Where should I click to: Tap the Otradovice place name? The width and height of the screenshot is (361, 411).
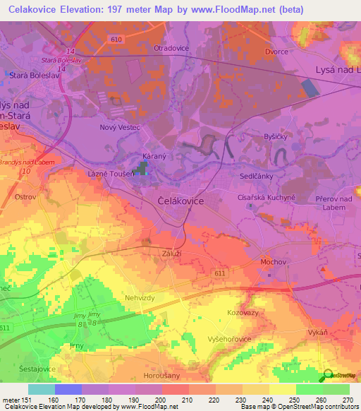[x=170, y=48]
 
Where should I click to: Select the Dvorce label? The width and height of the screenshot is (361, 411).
[x=277, y=51]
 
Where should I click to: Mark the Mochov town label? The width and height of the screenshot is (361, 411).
[x=273, y=262]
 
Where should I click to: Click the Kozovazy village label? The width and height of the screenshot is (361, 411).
[x=243, y=311]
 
